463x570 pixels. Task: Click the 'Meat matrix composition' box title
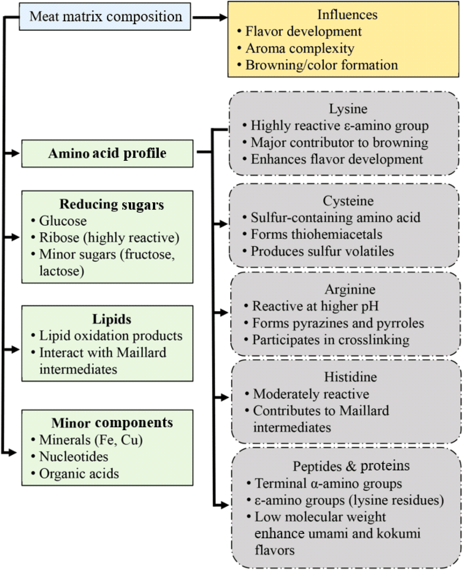point(106,17)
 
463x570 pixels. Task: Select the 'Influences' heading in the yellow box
point(348,15)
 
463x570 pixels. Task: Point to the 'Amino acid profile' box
point(107,153)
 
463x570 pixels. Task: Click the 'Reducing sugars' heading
point(112,205)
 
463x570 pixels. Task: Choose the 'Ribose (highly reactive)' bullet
point(105,238)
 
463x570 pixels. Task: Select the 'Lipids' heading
point(112,319)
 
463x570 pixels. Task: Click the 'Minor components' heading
point(112,423)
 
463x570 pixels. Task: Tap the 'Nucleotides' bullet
point(70,457)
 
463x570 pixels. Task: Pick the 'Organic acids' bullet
point(75,474)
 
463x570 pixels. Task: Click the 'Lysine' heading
point(348,109)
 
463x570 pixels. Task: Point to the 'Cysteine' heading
point(348,201)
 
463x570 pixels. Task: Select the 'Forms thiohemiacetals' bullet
point(312,234)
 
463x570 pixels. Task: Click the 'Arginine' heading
point(350,289)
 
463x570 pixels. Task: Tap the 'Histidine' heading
point(351,377)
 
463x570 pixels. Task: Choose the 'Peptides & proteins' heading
point(351,466)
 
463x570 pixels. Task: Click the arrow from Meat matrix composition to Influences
point(210,18)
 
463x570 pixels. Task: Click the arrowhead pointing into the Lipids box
point(15,349)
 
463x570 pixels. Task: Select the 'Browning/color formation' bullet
point(318,65)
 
